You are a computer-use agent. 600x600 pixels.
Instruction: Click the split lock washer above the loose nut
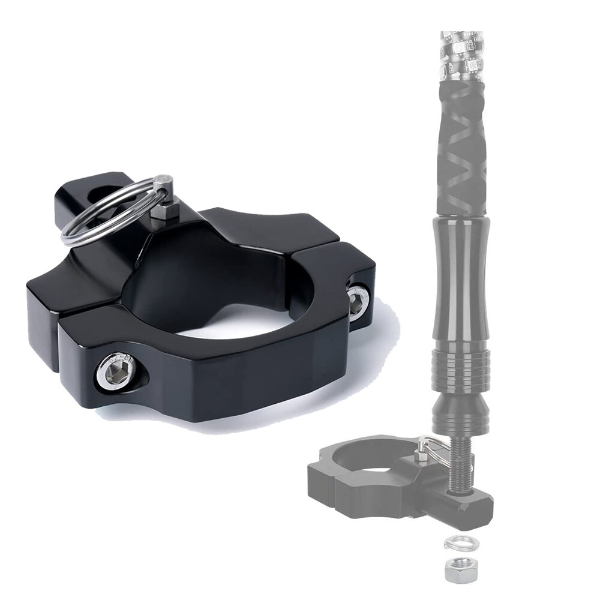pyautogui.click(x=457, y=544)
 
